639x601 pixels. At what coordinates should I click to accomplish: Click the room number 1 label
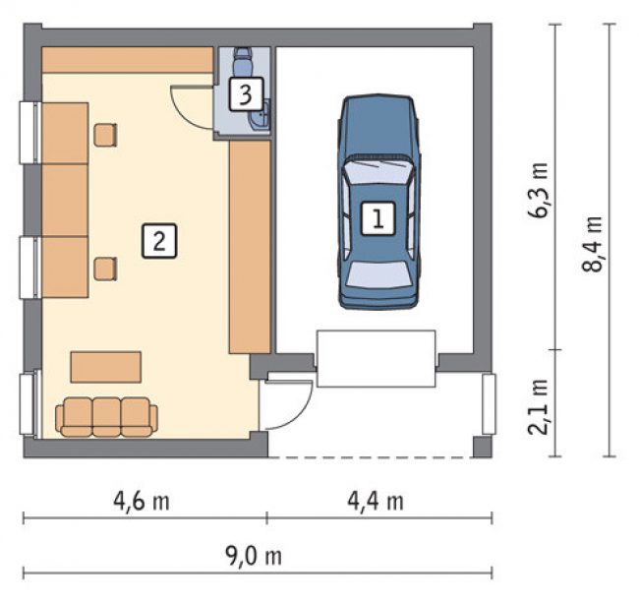pyautogui.click(x=378, y=218)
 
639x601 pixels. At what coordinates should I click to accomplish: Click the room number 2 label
pyautogui.click(x=159, y=241)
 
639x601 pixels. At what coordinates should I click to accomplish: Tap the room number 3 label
pyautogui.click(x=246, y=94)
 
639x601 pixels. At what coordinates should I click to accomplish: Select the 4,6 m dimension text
pyautogui.click(x=142, y=501)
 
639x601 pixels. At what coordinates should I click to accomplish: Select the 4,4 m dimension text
pyautogui.click(x=376, y=501)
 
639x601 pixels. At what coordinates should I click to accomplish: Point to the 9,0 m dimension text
pyautogui.click(x=254, y=556)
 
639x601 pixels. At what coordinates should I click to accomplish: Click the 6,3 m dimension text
pyautogui.click(x=539, y=191)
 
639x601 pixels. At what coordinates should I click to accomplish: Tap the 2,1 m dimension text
pyautogui.click(x=538, y=407)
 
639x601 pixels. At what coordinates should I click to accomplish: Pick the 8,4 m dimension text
pyautogui.click(x=592, y=244)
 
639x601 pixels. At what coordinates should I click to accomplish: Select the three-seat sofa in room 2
pyautogui.click(x=106, y=417)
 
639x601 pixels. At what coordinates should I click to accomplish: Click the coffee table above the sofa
pyautogui.click(x=106, y=367)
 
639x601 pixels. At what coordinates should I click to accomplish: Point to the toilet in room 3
pyautogui.click(x=243, y=61)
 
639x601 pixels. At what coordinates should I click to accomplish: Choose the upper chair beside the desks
pyautogui.click(x=105, y=135)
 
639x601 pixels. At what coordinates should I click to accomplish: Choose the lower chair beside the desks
pyautogui.click(x=105, y=269)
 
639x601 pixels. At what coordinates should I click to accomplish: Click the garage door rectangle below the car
pyautogui.click(x=377, y=359)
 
